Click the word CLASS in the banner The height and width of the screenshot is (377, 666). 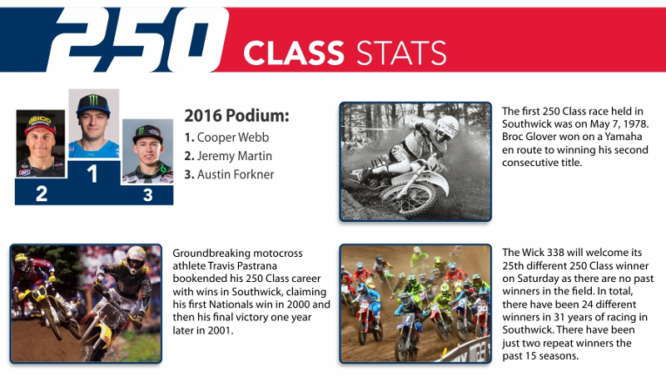click(294, 53)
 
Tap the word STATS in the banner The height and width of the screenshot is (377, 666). click(401, 53)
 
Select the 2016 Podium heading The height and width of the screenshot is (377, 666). click(236, 115)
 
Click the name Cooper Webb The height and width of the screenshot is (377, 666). click(233, 138)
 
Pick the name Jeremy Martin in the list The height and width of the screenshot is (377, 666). click(235, 156)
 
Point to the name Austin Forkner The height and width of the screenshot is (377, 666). click(236, 174)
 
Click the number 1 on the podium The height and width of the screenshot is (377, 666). click(92, 173)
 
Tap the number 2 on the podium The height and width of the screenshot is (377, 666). click(41, 194)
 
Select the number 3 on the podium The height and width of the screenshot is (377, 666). click(147, 195)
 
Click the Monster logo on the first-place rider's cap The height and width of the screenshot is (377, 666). click(93, 100)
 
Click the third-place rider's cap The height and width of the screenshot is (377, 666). click(147, 133)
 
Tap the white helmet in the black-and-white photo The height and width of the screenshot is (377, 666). click(447, 127)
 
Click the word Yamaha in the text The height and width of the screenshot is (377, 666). click(624, 137)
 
